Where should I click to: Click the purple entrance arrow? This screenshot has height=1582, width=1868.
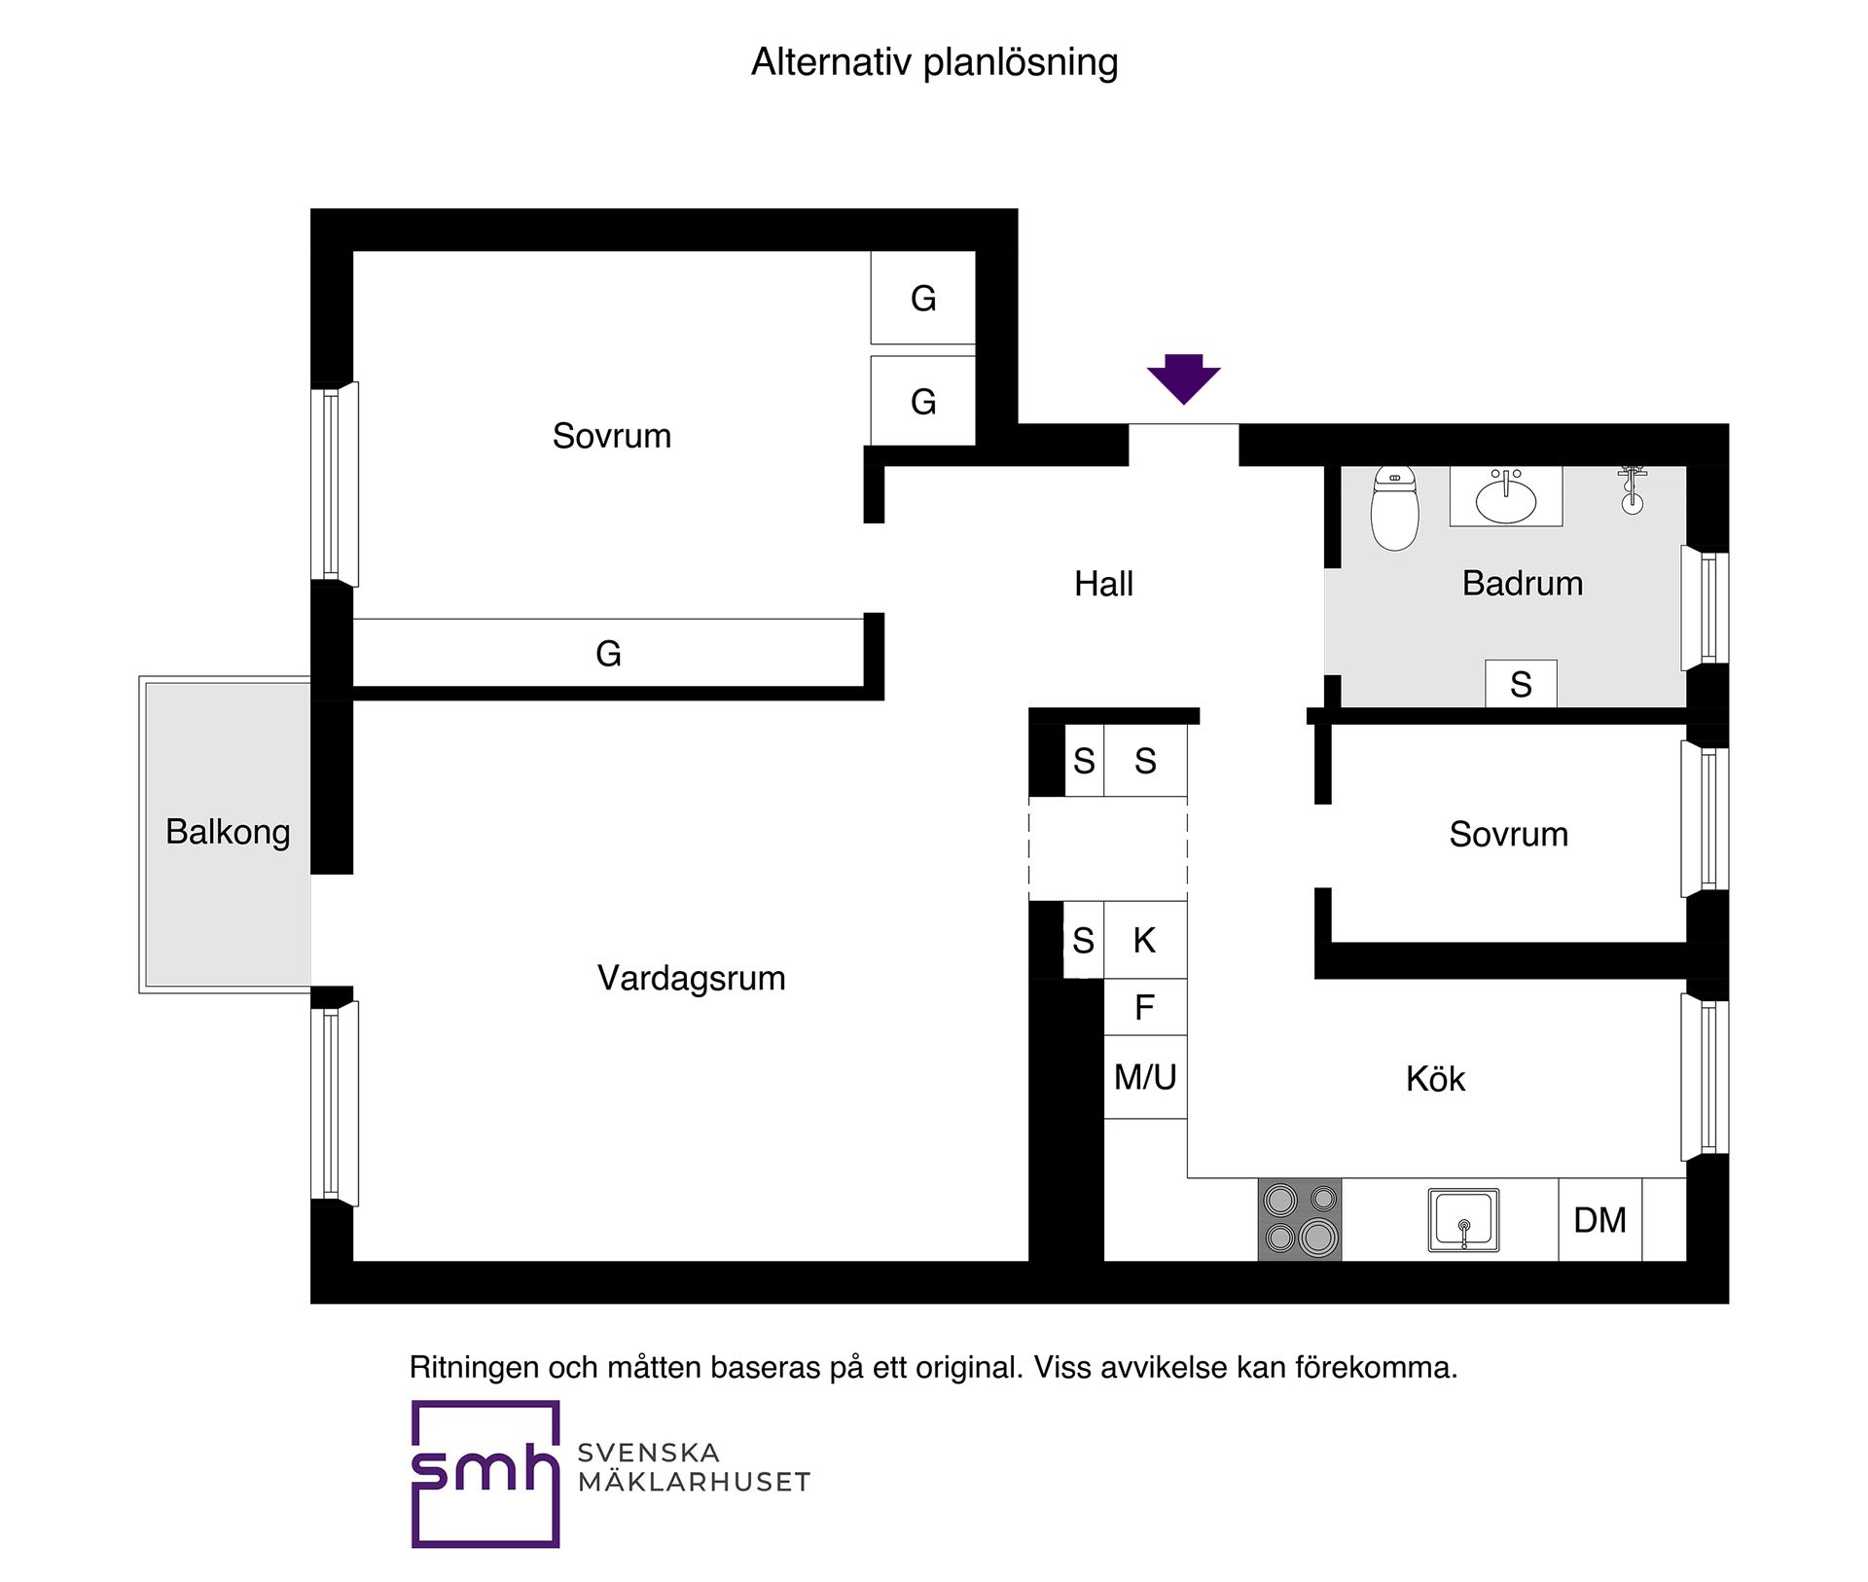[1183, 378]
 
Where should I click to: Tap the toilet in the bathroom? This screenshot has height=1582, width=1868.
[1394, 507]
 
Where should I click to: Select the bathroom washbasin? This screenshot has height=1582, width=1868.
[1506, 497]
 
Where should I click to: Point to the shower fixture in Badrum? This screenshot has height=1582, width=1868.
[1633, 489]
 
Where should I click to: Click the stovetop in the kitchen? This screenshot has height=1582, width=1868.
[1300, 1219]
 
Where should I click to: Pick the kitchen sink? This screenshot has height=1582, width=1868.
[1463, 1220]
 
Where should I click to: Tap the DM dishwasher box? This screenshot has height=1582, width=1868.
[1600, 1220]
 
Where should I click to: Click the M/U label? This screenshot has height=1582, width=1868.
[1145, 1077]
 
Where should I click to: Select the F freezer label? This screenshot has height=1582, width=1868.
[1145, 1007]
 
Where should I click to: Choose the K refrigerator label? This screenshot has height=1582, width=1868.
[1145, 940]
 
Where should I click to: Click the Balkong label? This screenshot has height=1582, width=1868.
[228, 833]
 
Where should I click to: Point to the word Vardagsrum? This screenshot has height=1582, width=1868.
[692, 978]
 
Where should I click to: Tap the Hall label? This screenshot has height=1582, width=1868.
[1103, 584]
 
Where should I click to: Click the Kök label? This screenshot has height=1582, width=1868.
[1435, 1078]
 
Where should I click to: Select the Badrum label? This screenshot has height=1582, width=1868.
[1523, 583]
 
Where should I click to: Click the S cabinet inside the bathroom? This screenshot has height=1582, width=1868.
[1521, 683]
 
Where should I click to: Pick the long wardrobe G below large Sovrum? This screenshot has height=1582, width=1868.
[608, 653]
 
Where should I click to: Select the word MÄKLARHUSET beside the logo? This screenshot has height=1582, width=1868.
[694, 1482]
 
